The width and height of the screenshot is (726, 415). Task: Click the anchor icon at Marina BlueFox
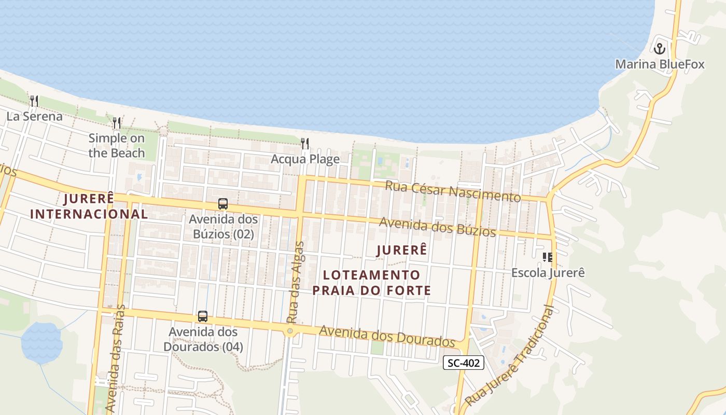tap(659, 49)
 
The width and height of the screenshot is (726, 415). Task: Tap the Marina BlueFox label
tap(660, 64)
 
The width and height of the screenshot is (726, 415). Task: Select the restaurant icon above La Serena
tap(34, 101)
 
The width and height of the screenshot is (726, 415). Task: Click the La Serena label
tap(34, 116)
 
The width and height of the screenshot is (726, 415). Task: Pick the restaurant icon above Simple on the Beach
tap(117, 123)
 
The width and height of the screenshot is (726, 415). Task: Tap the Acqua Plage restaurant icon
tap(305, 144)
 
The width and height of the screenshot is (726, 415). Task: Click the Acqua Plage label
tap(305, 159)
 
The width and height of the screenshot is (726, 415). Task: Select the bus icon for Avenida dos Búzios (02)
tap(223, 204)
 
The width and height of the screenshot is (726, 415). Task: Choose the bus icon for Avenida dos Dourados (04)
tap(203, 316)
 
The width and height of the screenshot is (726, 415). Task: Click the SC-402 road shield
tap(464, 363)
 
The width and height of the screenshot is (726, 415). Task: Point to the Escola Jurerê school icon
tap(548, 257)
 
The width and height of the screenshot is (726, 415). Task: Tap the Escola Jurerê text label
tap(548, 272)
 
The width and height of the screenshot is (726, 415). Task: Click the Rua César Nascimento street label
tap(453, 191)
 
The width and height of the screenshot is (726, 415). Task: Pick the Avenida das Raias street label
tap(116, 358)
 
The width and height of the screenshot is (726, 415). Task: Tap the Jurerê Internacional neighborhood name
tap(89, 206)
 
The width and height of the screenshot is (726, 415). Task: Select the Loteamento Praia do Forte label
tap(371, 282)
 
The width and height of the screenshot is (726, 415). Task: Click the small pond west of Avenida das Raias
tap(41, 342)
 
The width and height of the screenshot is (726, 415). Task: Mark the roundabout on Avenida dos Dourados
tap(290, 331)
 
